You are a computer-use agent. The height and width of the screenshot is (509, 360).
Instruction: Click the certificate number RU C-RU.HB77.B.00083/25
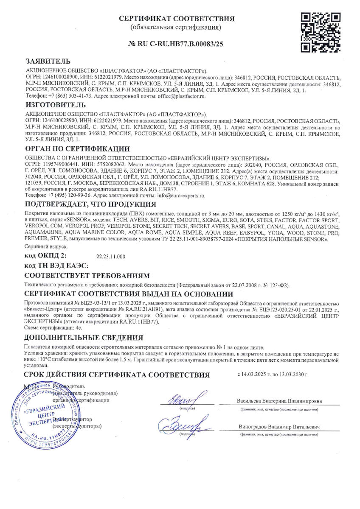(x=176, y=44)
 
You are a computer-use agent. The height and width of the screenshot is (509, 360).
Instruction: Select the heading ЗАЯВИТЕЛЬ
(x=48, y=61)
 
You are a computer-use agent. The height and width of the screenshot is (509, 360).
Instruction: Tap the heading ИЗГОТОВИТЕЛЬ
(x=55, y=105)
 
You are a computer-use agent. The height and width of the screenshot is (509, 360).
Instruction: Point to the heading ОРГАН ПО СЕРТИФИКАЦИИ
(x=77, y=148)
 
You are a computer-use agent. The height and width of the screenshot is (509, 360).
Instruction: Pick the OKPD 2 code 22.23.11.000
(x=111, y=257)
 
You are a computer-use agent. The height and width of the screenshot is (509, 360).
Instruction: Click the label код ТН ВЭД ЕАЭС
(x=56, y=266)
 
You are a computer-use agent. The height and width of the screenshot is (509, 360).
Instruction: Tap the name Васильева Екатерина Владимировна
(x=279, y=401)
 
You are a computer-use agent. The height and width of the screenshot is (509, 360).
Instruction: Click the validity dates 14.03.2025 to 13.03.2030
(x=273, y=375)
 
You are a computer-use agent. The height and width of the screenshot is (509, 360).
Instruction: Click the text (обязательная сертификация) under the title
(x=176, y=28)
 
